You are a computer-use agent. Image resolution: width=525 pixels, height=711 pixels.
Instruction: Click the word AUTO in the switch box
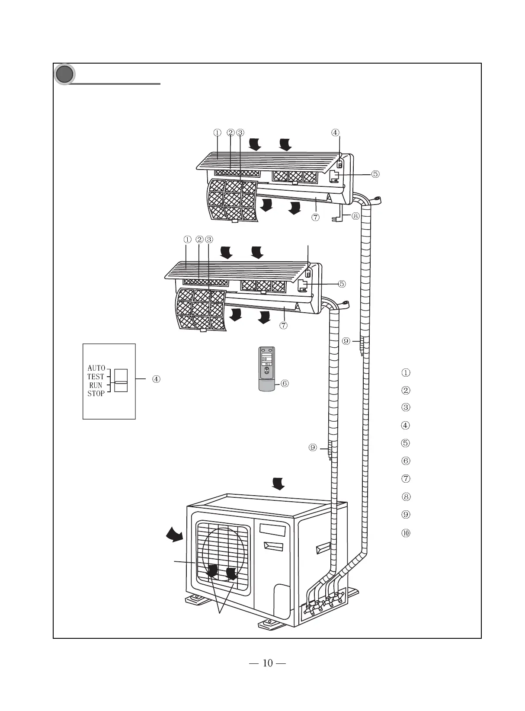(x=96, y=368)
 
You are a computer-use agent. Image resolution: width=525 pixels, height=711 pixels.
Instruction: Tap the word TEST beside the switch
(x=96, y=377)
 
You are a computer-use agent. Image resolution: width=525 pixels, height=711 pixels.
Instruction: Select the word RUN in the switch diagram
(x=96, y=385)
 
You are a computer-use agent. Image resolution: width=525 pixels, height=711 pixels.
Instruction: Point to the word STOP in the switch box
(x=96, y=394)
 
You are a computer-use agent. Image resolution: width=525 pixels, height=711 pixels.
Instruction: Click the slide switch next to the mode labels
(x=121, y=381)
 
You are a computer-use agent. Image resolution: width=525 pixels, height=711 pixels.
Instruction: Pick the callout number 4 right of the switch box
(x=156, y=379)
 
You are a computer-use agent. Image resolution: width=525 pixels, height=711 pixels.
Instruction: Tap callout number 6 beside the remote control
(x=285, y=383)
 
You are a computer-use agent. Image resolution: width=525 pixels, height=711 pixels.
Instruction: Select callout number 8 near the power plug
(x=355, y=215)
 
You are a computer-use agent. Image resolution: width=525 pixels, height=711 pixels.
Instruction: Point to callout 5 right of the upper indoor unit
(x=375, y=174)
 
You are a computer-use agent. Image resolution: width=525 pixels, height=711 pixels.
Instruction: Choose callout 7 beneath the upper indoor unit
(x=315, y=217)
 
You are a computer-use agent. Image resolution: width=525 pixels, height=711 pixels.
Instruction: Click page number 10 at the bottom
(x=268, y=663)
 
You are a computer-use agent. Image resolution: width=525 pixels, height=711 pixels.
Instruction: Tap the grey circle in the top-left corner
(x=64, y=74)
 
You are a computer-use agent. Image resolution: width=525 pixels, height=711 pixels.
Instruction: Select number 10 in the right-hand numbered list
(x=406, y=533)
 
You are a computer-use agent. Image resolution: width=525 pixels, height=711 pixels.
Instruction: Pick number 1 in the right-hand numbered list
(x=406, y=372)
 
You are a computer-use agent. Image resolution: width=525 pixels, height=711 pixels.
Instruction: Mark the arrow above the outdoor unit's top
(x=278, y=484)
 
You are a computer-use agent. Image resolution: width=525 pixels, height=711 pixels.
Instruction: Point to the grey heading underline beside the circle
(x=117, y=84)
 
